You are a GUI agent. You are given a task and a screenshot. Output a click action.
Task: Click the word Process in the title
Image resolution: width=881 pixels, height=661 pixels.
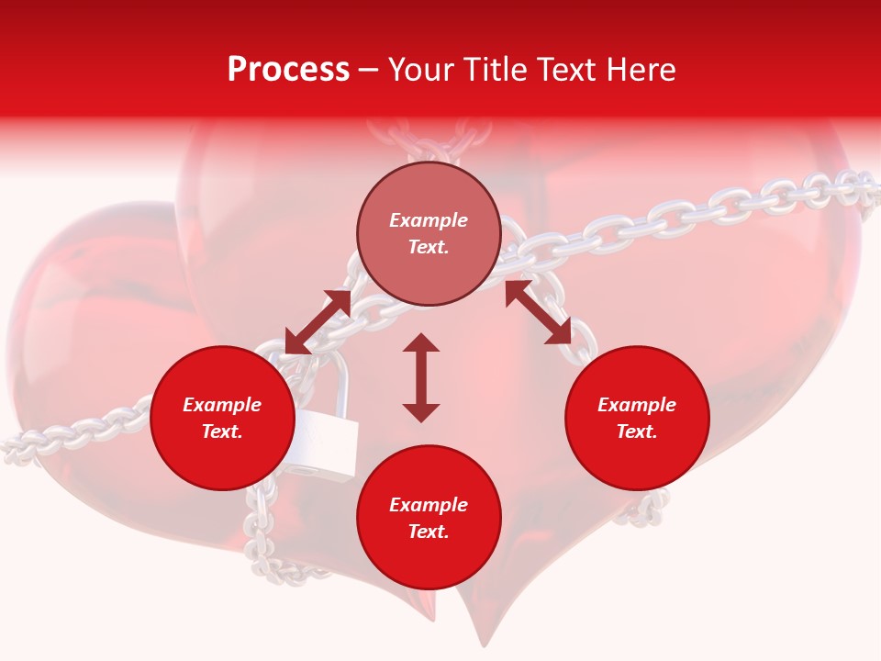[x=288, y=70]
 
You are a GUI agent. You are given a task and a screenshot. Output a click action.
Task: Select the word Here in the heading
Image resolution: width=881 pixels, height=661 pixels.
[x=640, y=70]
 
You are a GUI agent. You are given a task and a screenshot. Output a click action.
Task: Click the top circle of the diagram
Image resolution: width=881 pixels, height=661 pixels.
[x=429, y=234]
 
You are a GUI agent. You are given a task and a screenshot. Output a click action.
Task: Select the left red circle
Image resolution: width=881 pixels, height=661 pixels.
[x=222, y=419]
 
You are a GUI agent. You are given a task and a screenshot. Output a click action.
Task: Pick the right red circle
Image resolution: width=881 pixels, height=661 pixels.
[x=637, y=419]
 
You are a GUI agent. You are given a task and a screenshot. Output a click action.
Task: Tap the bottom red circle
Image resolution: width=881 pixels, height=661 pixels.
[x=429, y=518]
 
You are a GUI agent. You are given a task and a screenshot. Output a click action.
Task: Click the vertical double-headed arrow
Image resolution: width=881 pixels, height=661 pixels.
[x=421, y=377]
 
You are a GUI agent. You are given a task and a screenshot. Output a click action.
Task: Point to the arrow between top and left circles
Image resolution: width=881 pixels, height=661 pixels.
[x=318, y=322]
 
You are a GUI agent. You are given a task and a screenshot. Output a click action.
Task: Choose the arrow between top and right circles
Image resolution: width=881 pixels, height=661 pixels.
[x=539, y=313]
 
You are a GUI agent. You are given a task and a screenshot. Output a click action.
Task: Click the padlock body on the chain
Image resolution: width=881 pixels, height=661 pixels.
[x=323, y=444]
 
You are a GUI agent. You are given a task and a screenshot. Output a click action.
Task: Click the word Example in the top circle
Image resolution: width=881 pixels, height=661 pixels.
[x=429, y=220]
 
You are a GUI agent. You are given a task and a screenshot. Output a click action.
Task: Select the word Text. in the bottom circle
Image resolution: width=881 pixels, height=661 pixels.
[x=429, y=532]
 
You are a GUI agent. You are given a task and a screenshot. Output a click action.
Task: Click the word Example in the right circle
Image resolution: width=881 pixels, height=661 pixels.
[x=637, y=405]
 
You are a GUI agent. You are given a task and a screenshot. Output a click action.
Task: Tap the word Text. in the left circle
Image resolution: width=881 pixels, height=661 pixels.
[x=222, y=431]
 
